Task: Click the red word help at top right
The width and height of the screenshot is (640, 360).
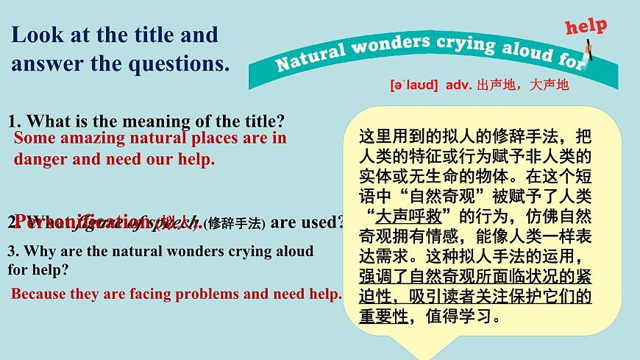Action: [586, 27]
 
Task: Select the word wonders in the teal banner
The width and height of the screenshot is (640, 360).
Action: [385, 46]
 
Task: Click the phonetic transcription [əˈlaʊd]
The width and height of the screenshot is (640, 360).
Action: [414, 85]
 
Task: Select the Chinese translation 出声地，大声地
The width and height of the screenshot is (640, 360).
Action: [522, 85]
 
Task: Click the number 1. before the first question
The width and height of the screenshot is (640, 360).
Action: [14, 121]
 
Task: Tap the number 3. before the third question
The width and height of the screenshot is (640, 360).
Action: [13, 251]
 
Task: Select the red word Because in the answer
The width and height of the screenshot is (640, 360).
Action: [38, 294]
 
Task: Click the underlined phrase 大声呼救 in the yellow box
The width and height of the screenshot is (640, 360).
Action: [404, 216]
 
